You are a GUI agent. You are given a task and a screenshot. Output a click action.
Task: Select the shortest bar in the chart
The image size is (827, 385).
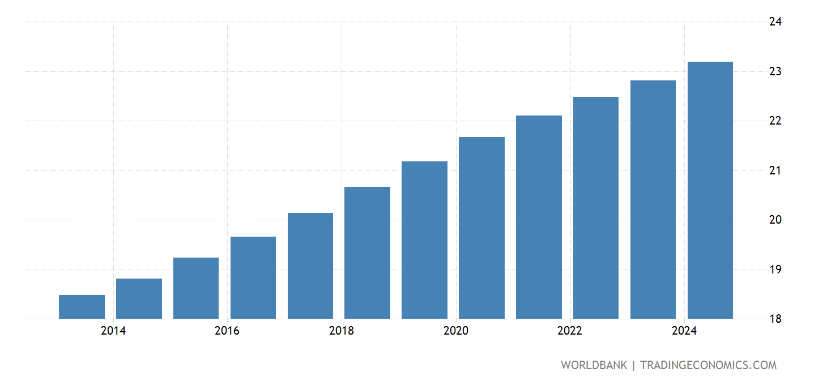pyautogui.click(x=82, y=307)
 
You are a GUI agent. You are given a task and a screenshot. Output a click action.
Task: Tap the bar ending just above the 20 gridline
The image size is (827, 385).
pyautogui.click(x=310, y=266)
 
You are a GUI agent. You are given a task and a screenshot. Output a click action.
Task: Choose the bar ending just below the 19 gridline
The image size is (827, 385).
pyautogui.click(x=139, y=298)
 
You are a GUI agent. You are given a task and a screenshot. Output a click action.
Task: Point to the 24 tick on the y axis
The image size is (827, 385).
pyautogui.click(x=775, y=22)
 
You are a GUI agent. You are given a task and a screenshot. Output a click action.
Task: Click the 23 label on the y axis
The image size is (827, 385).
pyautogui.click(x=775, y=71)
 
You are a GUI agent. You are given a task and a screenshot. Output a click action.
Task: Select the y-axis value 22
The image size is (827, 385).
pyautogui.click(x=775, y=121)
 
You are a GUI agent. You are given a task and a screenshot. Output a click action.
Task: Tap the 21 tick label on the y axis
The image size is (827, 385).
pyautogui.click(x=775, y=170)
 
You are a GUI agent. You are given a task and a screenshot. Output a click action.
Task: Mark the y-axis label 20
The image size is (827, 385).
pyautogui.click(x=775, y=220)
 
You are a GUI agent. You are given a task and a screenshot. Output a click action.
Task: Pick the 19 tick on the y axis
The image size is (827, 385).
pyautogui.click(x=775, y=269)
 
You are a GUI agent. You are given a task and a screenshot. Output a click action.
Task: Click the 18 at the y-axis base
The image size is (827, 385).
pyautogui.click(x=775, y=319)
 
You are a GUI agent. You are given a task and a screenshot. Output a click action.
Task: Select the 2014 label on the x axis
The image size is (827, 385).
pyautogui.click(x=113, y=331)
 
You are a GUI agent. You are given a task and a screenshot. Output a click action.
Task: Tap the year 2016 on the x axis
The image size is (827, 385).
pyautogui.click(x=227, y=331)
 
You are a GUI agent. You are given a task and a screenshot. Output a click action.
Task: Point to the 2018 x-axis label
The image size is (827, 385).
pyautogui.click(x=342, y=331)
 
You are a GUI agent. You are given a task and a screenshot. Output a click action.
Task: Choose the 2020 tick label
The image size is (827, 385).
pyautogui.click(x=456, y=331)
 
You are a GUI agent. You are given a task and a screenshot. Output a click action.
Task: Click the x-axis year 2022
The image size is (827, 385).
pyautogui.click(x=570, y=331)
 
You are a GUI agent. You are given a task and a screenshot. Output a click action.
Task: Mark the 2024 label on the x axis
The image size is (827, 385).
pyautogui.click(x=684, y=331)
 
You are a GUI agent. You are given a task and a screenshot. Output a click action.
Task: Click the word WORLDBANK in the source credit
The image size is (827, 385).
pyautogui.click(x=594, y=366)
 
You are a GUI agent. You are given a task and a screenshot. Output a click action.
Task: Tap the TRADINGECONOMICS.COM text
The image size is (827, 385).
pyautogui.click(x=708, y=366)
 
